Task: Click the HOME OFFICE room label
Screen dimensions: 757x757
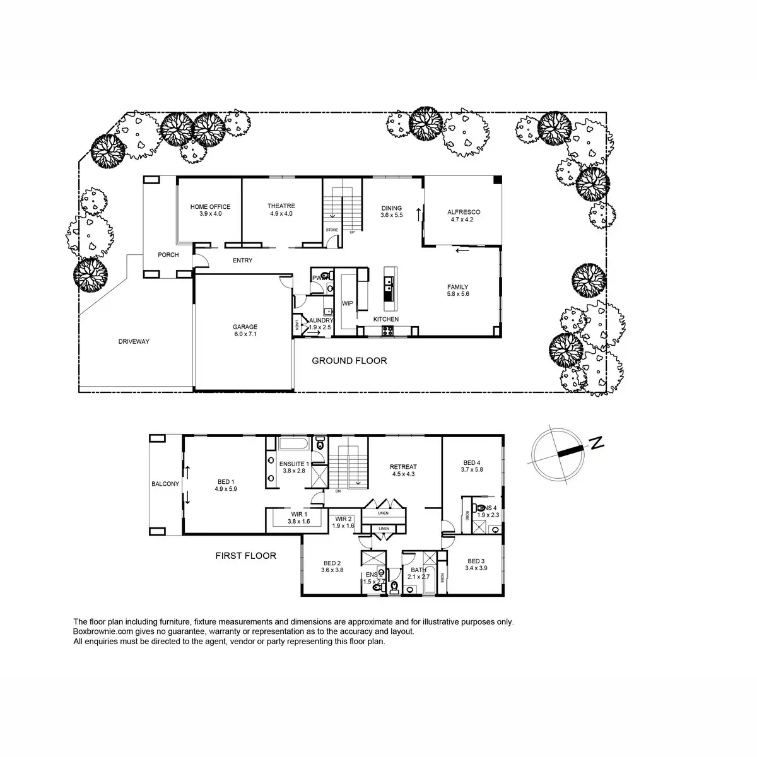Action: pyautogui.click(x=210, y=207)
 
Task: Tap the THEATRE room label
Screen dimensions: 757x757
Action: pyautogui.click(x=281, y=206)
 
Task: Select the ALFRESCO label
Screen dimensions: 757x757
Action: pyautogui.click(x=464, y=213)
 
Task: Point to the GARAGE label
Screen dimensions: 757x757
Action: pyautogui.click(x=245, y=327)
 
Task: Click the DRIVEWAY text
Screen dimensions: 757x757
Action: pyautogui.click(x=134, y=341)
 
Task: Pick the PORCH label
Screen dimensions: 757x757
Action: pyautogui.click(x=168, y=255)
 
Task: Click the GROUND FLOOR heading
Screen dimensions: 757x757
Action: pyautogui.click(x=349, y=361)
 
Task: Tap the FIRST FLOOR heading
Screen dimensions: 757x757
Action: pyautogui.click(x=245, y=556)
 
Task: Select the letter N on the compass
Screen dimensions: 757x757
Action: pyautogui.click(x=597, y=443)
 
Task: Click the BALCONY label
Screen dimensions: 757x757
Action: pyautogui.click(x=165, y=484)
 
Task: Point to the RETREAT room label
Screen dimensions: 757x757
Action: pyautogui.click(x=404, y=467)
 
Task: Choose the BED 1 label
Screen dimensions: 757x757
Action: pyautogui.click(x=225, y=481)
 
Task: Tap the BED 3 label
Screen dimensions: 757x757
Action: pyautogui.click(x=476, y=561)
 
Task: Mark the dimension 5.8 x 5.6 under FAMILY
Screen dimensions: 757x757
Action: pyautogui.click(x=458, y=294)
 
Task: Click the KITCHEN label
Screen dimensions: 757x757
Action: pyautogui.click(x=386, y=319)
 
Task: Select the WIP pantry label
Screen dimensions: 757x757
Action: pyautogui.click(x=347, y=303)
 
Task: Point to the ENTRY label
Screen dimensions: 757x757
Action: pyautogui.click(x=242, y=261)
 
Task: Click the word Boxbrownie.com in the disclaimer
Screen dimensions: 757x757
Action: pyautogui.click(x=100, y=631)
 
